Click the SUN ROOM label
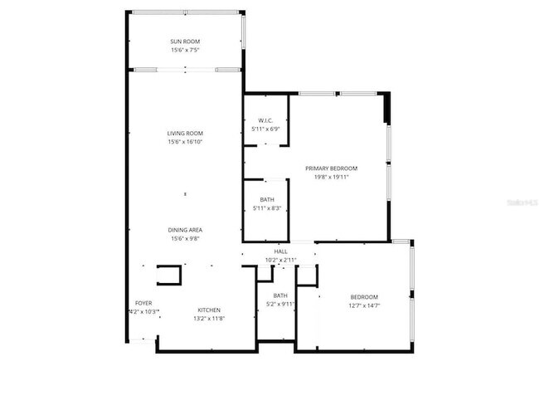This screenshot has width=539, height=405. (185, 41)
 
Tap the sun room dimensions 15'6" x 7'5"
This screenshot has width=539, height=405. (185, 50)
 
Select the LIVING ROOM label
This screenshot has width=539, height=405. (185, 134)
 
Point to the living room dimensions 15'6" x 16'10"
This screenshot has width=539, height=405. (185, 142)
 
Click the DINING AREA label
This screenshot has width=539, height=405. (185, 230)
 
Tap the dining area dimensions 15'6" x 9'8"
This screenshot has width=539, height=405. (185, 239)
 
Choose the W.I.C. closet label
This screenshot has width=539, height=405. (265, 120)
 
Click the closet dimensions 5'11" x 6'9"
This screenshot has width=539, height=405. (265, 129)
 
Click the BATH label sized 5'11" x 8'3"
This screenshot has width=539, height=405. (267, 199)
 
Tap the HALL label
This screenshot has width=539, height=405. (280, 251)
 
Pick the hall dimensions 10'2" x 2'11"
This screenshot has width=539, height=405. (280, 260)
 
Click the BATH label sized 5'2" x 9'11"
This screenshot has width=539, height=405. (280, 295)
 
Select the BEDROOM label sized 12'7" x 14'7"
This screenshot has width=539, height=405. (364, 297)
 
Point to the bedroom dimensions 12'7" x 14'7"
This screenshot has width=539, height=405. (364, 306)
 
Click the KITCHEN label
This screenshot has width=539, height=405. (208, 310)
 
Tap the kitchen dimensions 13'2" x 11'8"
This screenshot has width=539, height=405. (208, 319)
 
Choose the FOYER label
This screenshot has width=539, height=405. (143, 303)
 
